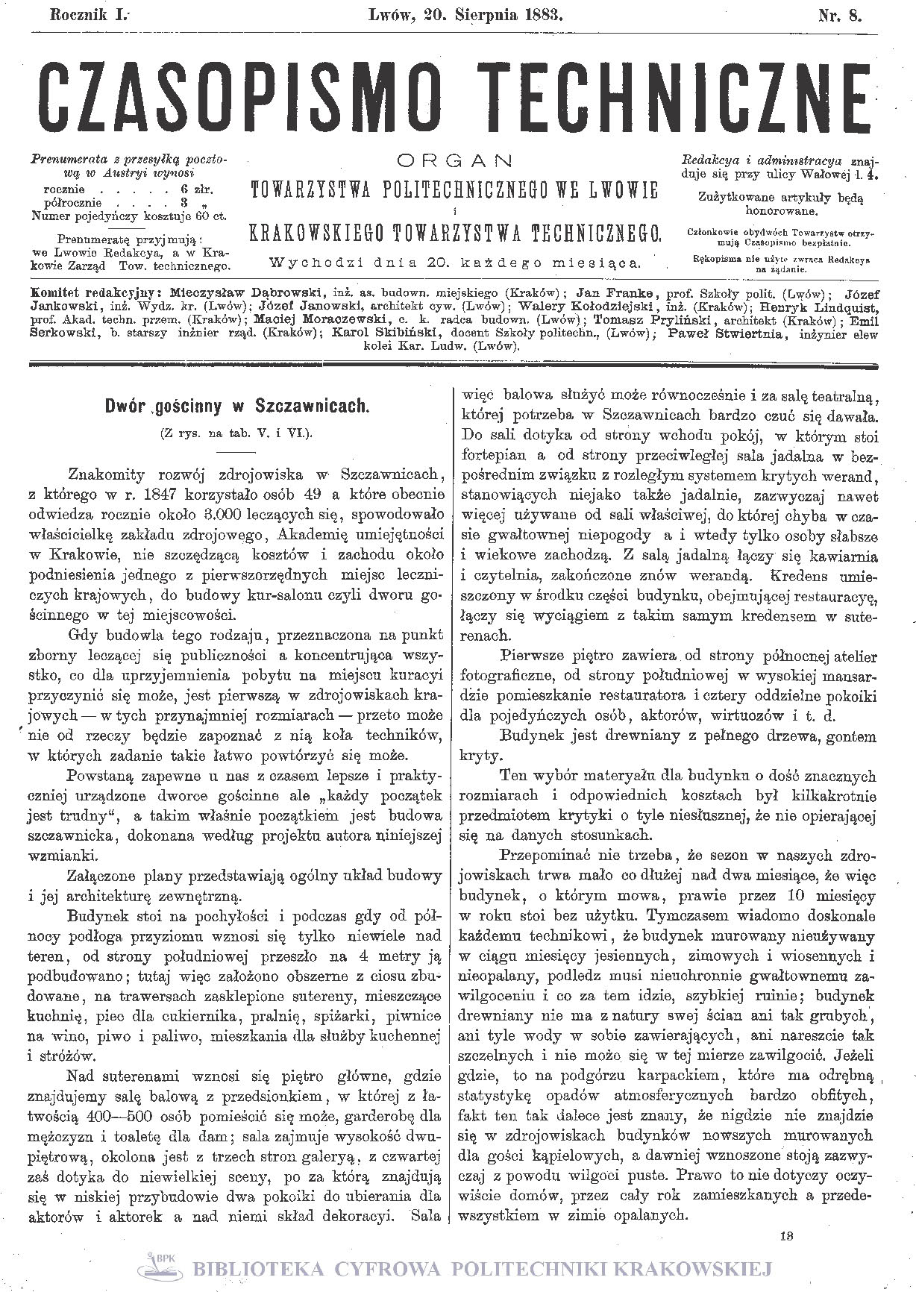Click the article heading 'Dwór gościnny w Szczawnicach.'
click(237, 407)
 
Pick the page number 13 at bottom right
click(785, 1235)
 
